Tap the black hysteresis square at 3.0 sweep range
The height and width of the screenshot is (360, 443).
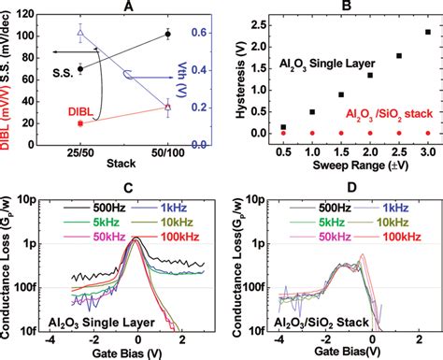[x=428, y=32]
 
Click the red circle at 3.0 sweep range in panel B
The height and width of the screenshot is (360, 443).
[x=428, y=133]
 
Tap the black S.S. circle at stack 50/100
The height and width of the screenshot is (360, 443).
[x=167, y=34]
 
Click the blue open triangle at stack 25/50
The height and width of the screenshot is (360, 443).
[x=80, y=33]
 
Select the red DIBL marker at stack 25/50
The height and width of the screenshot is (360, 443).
[x=80, y=122]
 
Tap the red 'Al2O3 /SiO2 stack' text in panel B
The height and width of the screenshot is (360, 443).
[x=383, y=112]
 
